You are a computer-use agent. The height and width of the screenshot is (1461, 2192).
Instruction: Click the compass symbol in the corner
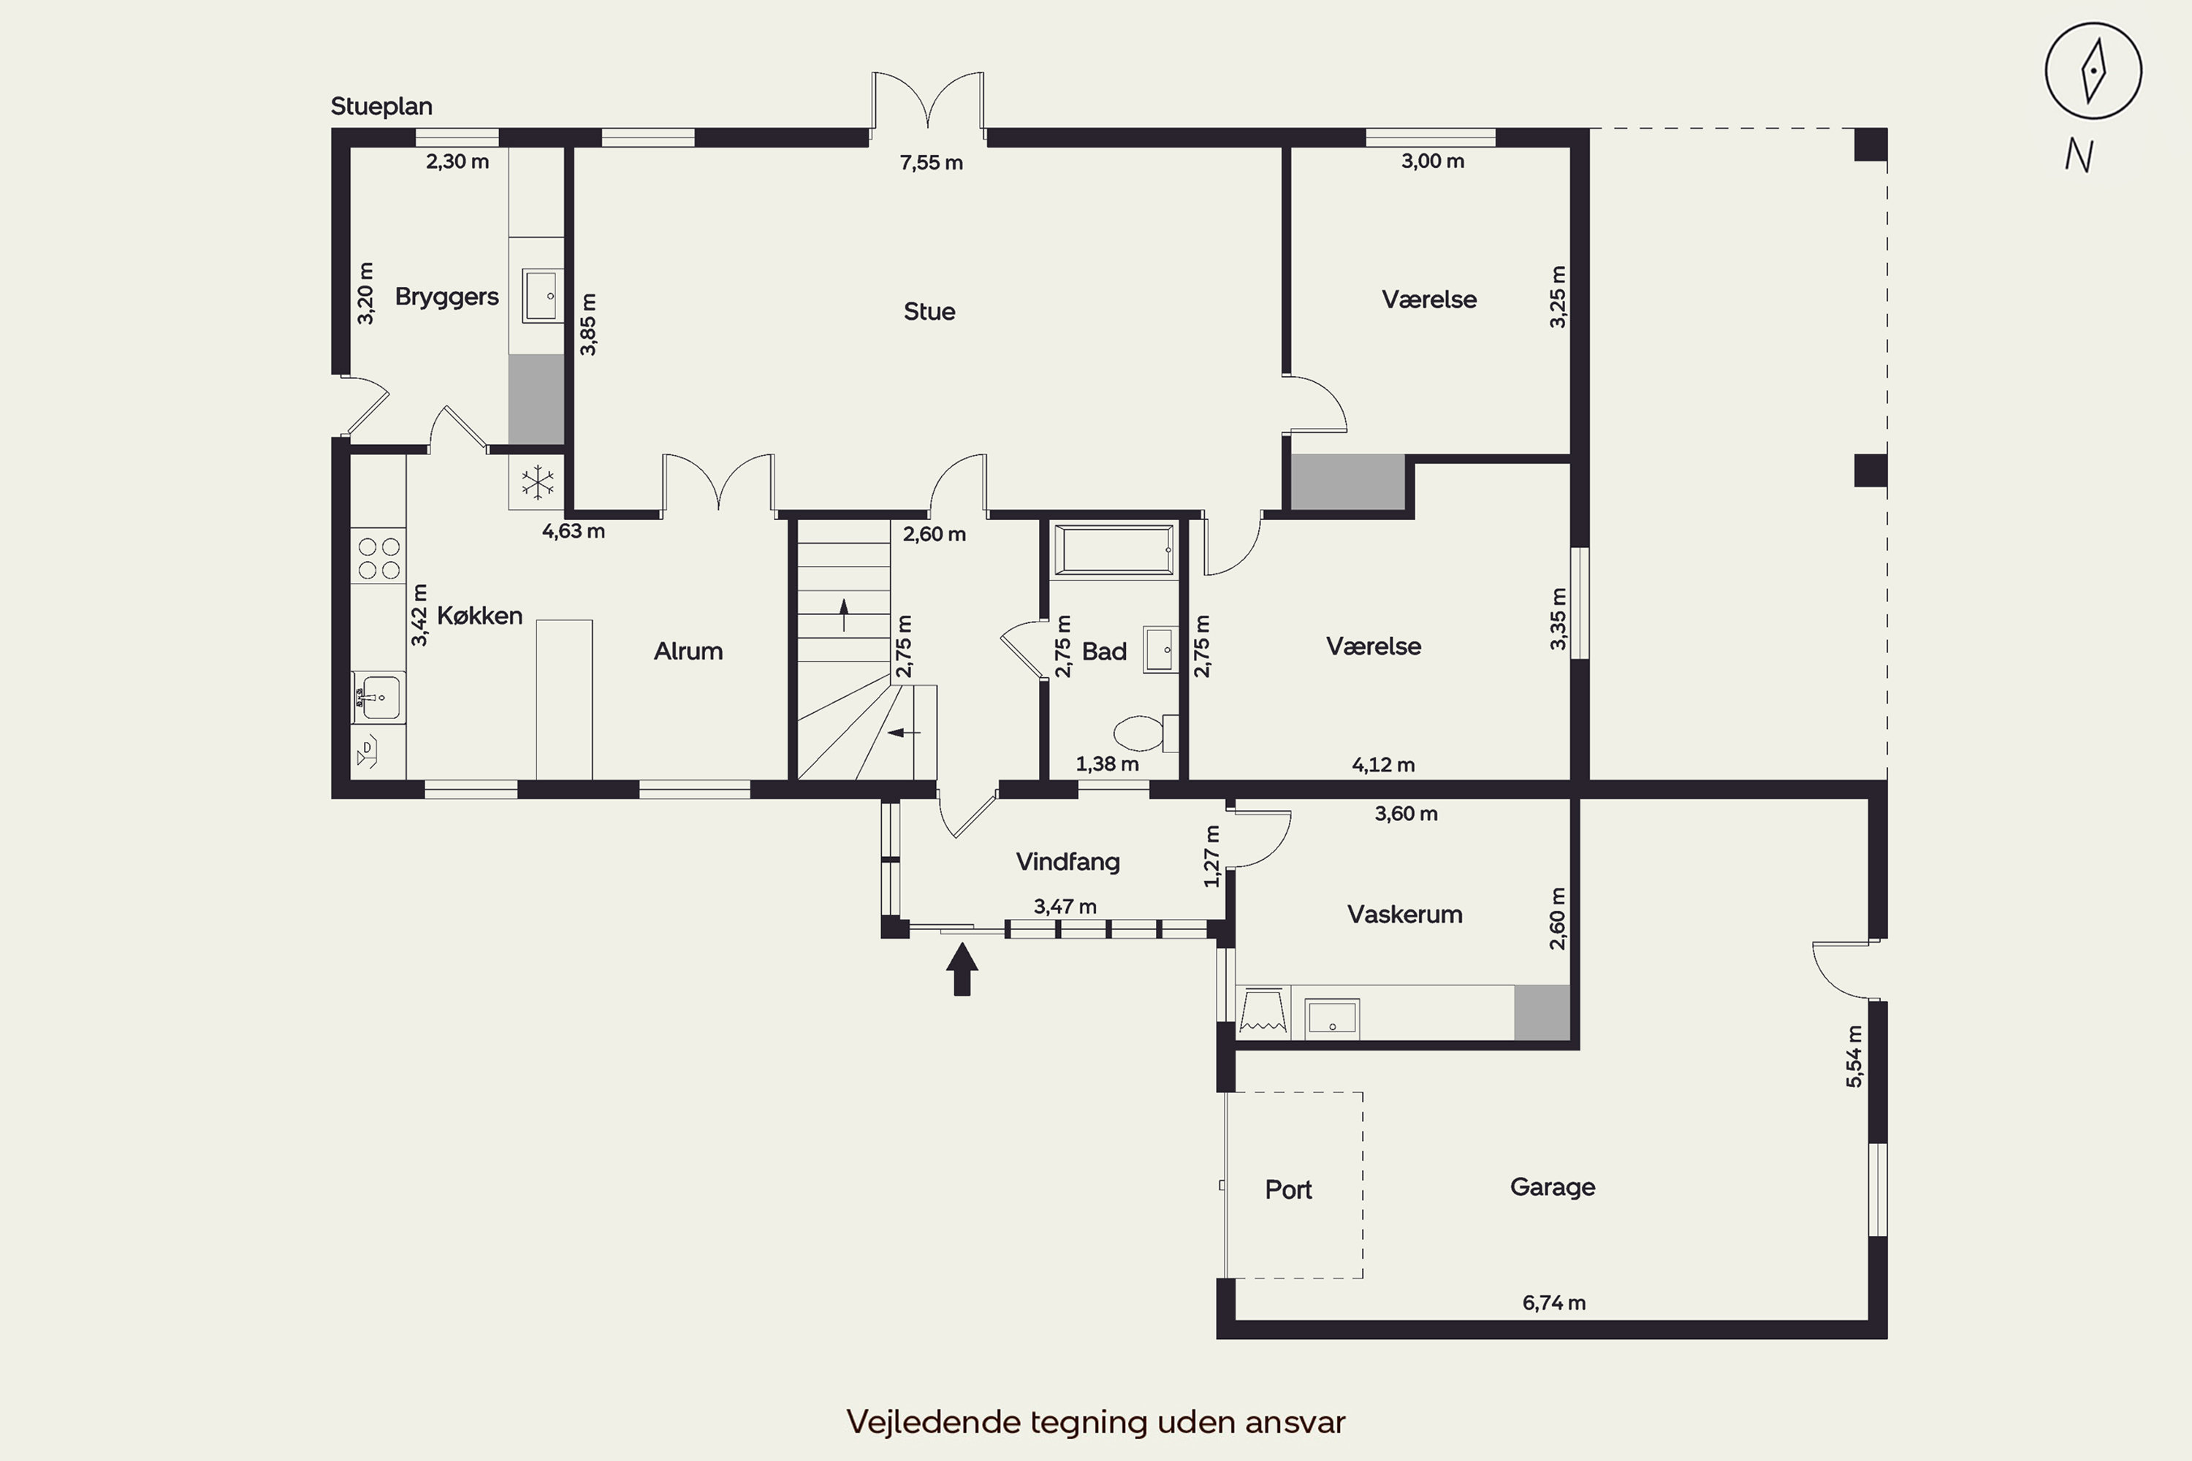(2093, 71)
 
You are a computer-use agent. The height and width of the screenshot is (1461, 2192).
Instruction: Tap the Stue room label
(929, 311)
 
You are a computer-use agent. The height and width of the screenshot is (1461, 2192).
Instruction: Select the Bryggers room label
(446, 297)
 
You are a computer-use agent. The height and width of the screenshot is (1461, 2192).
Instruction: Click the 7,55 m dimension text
(931, 163)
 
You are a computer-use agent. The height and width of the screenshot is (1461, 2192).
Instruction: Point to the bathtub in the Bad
(1114, 551)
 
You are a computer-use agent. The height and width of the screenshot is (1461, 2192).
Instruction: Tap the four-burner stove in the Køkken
(378, 557)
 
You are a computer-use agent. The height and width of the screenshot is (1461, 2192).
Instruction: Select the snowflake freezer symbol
(538, 483)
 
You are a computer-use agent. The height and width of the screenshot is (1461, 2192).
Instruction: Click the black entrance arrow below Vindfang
(962, 969)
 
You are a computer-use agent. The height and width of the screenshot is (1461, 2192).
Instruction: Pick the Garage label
(1552, 1187)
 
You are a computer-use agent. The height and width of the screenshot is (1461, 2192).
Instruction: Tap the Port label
(1288, 1190)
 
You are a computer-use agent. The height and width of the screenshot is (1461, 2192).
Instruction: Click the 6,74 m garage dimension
(1553, 1303)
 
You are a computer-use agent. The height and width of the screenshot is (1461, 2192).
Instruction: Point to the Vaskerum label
(1404, 914)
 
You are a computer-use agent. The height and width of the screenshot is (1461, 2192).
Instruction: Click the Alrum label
(688, 652)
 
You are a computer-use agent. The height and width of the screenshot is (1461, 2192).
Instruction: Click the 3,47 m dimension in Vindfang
(1065, 907)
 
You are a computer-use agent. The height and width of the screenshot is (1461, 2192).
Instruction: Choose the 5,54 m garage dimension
(1854, 1056)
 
